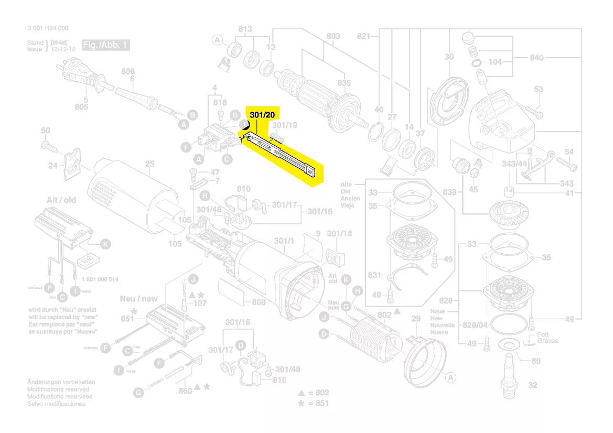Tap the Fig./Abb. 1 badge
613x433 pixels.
coord(105,46)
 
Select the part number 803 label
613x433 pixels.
coord(333,36)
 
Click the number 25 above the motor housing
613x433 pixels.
coord(150,164)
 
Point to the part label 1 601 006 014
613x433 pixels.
coord(100,279)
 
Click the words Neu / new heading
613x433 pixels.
coord(138,299)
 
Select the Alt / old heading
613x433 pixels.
coord(61,200)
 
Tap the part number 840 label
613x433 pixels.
coord(536,58)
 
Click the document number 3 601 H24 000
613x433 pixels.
coord(48,28)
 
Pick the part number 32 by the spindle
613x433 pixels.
coord(532,385)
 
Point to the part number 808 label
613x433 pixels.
coord(259,302)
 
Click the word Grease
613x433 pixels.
coord(547,341)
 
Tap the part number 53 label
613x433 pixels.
coord(539,90)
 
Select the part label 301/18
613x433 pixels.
coord(339,233)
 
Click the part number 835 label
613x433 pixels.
coord(344,83)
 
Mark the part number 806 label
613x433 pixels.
coord(128,71)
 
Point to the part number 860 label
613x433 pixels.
coord(185,391)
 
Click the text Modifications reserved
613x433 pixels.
coord(58,389)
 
